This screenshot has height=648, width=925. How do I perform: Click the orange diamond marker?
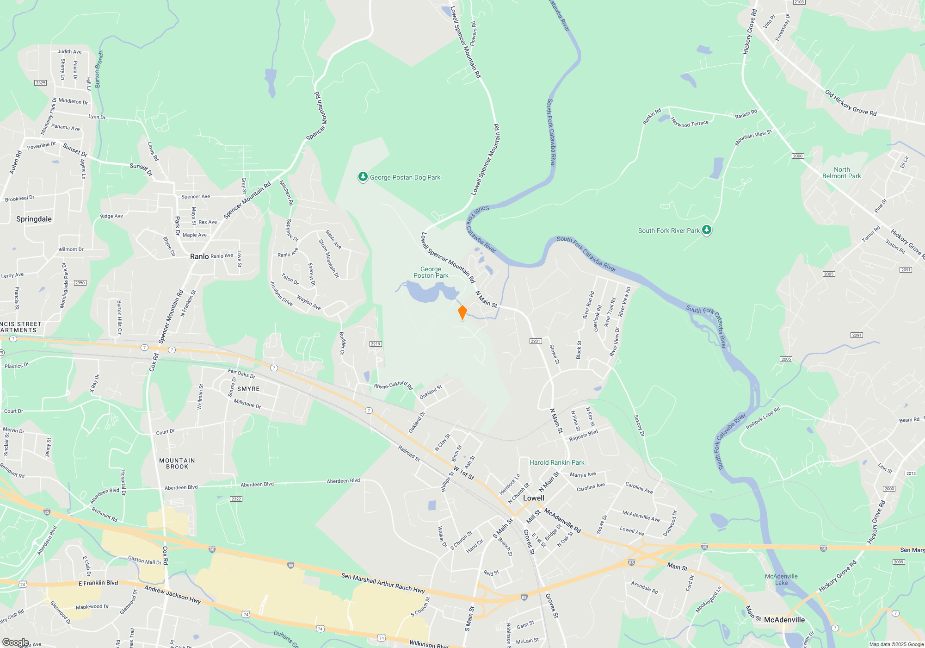(462, 312)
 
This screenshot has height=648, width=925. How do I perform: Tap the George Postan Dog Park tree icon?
(363, 177)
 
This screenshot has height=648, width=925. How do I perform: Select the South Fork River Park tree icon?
(706, 230)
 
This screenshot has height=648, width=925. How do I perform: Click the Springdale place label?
(34, 219)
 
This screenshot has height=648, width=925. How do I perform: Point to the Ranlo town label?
(199, 256)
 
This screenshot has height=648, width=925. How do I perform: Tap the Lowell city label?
(533, 498)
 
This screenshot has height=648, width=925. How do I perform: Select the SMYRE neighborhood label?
(248, 389)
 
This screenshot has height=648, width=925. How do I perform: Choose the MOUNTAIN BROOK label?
(177, 463)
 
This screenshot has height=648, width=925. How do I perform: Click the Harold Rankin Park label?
(557, 462)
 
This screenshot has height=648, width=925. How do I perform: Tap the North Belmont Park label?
(841, 173)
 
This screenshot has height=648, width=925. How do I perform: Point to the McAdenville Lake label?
(781, 579)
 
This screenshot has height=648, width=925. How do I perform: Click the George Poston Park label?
(431, 272)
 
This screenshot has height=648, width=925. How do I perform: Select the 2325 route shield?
(41, 83)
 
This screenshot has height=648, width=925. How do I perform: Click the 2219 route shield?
(376, 344)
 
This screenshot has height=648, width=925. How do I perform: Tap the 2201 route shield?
(535, 341)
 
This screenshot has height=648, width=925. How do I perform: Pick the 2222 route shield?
(236, 499)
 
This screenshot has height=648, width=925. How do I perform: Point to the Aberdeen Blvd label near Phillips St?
(343, 481)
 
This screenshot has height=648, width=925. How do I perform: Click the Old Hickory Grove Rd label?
(851, 103)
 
